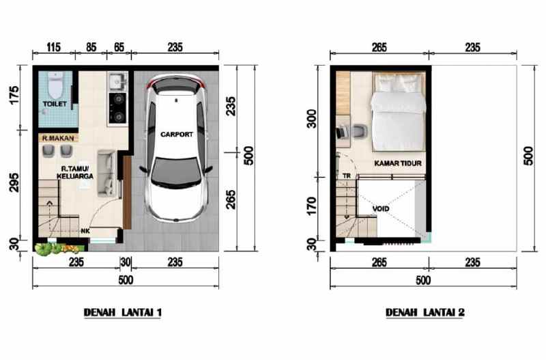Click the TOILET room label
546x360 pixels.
point(54,105)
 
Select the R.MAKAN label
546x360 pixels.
point(57,137)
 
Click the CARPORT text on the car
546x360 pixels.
point(176,135)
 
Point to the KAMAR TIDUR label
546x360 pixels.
point(397,164)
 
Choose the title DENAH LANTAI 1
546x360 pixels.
point(122,313)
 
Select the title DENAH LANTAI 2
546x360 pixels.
point(425,313)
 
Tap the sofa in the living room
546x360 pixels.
point(106,173)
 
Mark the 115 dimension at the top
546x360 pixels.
point(54,48)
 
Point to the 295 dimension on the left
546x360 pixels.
point(14,184)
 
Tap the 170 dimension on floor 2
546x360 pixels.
point(312,205)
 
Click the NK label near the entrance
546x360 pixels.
point(85,231)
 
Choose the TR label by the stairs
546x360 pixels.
point(347,176)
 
